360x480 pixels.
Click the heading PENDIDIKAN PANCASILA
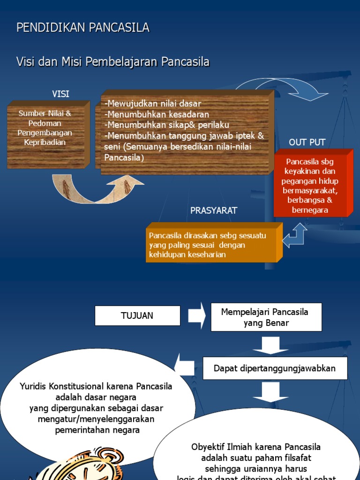[83, 28]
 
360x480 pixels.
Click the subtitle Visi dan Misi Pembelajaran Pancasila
[113, 62]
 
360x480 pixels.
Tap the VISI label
[60, 94]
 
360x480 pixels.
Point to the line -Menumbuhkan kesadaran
[157, 114]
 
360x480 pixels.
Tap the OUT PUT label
[307, 142]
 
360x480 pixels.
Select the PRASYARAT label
[214, 210]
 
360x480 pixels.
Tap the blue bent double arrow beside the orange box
[295, 235]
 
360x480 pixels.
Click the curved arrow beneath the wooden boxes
[98, 190]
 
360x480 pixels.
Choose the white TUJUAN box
[137, 315]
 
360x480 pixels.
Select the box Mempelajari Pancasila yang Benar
[266, 317]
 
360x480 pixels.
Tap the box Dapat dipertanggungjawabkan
[275, 368]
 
